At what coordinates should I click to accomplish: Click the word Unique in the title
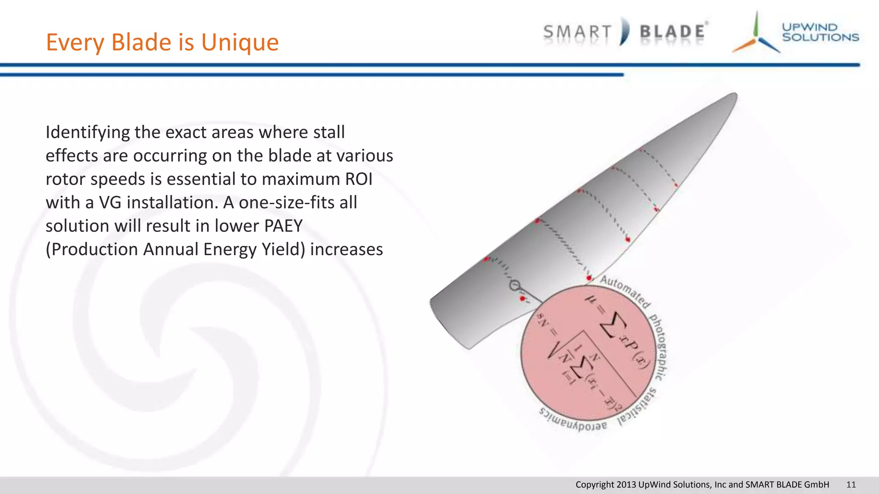[240, 43]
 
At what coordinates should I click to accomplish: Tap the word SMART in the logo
[577, 32]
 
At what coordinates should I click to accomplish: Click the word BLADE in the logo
[672, 32]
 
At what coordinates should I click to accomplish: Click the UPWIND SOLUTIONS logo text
[820, 32]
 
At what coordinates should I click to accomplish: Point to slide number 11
[851, 485]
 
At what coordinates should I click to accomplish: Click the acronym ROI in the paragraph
[359, 179]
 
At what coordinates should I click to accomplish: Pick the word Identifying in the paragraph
[88, 133]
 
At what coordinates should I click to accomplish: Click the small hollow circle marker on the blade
[515, 285]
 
